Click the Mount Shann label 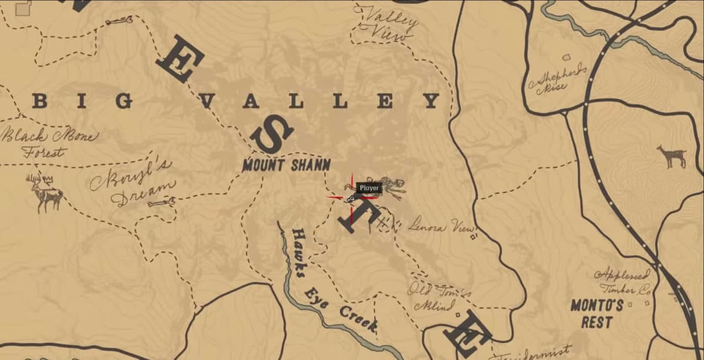point(286,165)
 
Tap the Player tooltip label point(370,188)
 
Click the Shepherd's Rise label point(557,79)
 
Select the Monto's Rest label point(597,314)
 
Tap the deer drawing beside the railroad point(672,156)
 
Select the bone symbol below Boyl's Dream point(161,203)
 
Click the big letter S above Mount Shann point(271,134)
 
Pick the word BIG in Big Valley point(83,101)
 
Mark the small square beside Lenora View point(473,237)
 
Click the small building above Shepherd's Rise point(567,57)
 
